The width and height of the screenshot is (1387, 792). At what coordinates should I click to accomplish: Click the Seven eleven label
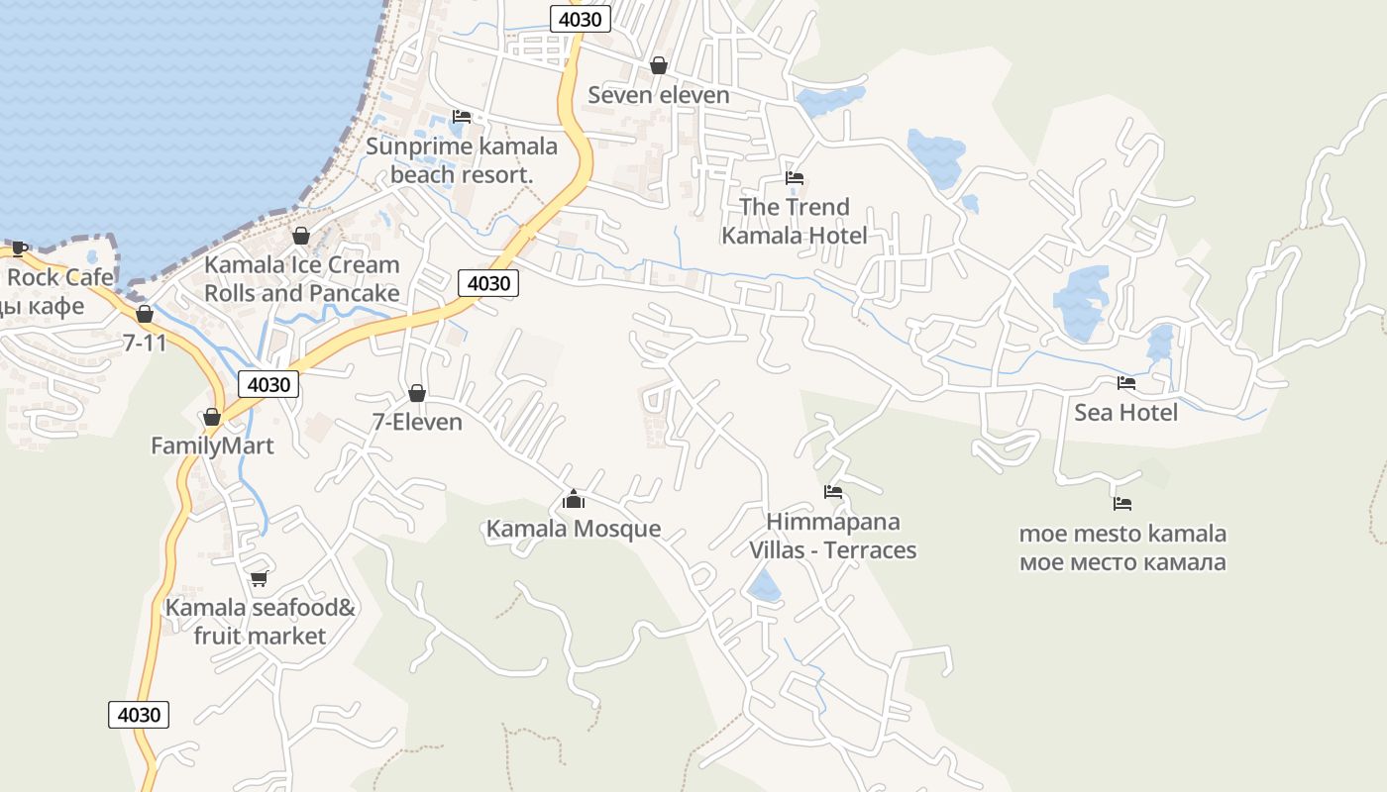coord(658,95)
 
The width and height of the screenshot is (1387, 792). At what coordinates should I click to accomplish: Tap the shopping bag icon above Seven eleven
coord(658,65)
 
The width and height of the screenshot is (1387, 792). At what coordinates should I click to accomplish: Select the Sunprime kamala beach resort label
coord(462,160)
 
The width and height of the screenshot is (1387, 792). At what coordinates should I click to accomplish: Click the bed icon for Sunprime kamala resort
coord(462,117)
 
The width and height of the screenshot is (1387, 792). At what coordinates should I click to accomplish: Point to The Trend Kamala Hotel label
coord(794,221)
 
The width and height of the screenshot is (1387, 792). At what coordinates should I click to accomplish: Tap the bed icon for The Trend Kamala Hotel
coord(794,178)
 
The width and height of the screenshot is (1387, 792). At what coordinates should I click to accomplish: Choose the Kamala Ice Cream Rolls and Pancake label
coord(301,279)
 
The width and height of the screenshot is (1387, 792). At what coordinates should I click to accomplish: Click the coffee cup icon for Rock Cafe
coord(19,247)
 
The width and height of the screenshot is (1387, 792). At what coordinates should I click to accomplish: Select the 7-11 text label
coord(145,344)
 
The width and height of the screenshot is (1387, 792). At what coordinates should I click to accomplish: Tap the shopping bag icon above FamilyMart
coord(211,417)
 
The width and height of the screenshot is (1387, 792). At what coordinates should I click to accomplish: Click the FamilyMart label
coord(212,446)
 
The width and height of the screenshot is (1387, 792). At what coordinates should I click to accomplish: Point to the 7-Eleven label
coord(417,423)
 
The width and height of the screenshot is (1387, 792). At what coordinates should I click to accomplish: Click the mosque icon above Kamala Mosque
coord(573,499)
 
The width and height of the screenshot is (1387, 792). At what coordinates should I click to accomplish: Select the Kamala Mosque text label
coord(573,529)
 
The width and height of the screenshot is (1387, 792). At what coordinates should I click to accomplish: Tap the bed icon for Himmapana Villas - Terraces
coord(833,492)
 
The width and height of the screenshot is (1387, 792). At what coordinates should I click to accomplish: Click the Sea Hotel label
coord(1125,413)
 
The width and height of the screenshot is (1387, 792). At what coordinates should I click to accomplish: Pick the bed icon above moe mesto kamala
coord(1122,504)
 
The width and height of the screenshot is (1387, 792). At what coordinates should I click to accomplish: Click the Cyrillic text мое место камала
coord(1122,563)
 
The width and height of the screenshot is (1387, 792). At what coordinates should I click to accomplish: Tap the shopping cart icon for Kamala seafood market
coord(260,578)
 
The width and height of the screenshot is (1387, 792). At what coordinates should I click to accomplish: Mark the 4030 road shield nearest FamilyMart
coord(268,384)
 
